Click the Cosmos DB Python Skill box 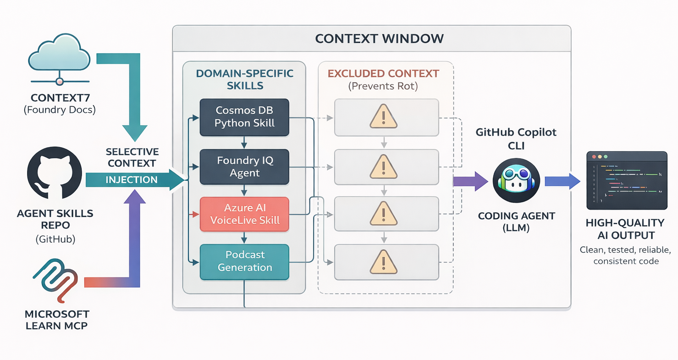click(x=244, y=117)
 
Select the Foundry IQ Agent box click(x=244, y=167)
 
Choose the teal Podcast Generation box click(x=244, y=261)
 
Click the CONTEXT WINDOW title click(x=380, y=38)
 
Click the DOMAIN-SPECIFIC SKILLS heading click(x=244, y=79)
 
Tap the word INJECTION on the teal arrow click(x=132, y=180)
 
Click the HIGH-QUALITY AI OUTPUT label click(x=625, y=229)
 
